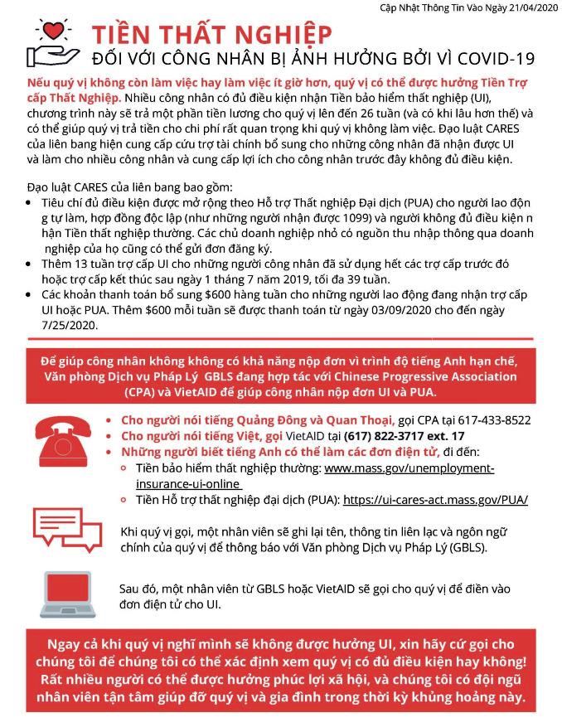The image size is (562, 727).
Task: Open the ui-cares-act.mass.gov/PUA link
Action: pos(435,500)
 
